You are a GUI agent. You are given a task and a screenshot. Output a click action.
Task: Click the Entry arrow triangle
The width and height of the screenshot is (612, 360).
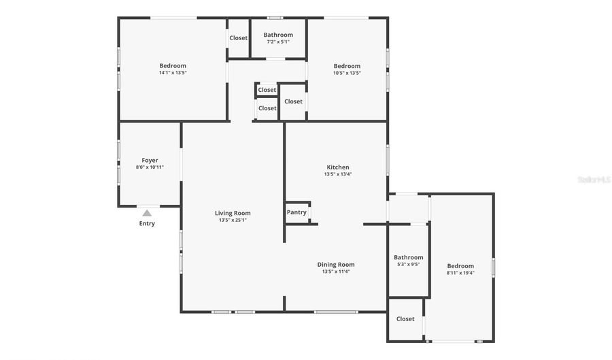tap(147, 213)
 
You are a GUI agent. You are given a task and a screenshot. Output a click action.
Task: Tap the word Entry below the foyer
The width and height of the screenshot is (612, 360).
tap(147, 223)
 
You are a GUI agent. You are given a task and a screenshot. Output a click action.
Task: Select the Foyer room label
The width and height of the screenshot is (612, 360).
tap(150, 161)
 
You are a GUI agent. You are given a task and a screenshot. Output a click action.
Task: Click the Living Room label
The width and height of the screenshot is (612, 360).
tap(233, 213)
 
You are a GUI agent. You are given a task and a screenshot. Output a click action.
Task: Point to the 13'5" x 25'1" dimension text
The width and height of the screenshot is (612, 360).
tap(233, 220)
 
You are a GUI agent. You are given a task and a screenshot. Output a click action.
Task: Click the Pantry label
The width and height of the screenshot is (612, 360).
tap(296, 212)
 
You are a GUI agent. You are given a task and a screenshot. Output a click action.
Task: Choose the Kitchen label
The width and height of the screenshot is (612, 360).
tap(338, 167)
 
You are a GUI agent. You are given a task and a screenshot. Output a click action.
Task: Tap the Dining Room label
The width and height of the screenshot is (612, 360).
tap(336, 265)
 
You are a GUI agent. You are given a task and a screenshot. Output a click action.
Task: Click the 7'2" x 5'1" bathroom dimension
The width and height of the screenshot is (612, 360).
tap(278, 42)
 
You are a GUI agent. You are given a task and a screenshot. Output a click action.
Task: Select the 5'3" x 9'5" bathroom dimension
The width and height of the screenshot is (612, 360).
tap(409, 264)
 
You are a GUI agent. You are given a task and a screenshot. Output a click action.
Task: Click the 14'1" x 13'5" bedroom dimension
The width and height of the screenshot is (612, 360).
tap(173, 73)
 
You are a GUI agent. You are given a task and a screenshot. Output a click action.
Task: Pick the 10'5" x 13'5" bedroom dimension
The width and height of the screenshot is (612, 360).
tap(347, 73)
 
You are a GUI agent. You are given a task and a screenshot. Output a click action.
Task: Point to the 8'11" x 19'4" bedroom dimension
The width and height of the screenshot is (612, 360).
tap(460, 273)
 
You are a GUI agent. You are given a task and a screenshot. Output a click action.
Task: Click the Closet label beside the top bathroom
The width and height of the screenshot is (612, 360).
tap(239, 38)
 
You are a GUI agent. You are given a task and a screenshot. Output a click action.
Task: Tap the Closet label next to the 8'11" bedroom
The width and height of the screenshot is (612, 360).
tap(405, 319)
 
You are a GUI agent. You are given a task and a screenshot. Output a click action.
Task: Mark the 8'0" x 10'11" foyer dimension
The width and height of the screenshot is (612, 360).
tap(150, 167)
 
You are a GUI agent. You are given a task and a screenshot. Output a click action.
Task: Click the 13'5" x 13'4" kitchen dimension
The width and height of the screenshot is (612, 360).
tap(338, 174)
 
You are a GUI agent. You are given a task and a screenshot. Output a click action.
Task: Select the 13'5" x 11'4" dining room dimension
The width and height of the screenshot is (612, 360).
tap(336, 272)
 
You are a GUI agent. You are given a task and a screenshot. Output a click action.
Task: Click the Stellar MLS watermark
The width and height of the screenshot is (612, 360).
tap(594, 180)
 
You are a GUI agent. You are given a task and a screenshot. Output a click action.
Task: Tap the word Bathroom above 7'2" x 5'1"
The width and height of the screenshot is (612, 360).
tap(278, 35)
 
